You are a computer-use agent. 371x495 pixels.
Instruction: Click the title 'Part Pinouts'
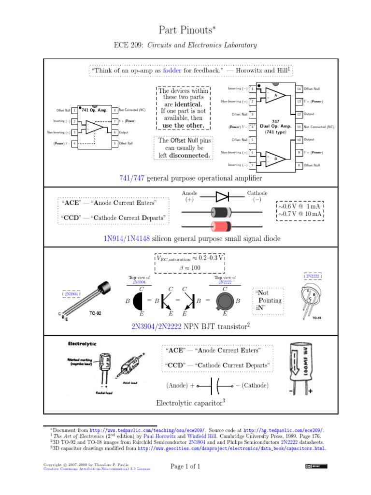tap(185, 29)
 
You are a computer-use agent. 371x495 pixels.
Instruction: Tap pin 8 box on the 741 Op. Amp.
tap(115, 110)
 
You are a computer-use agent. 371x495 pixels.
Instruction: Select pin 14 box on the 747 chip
tap(299, 89)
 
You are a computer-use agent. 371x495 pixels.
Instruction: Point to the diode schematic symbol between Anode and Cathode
tap(222, 196)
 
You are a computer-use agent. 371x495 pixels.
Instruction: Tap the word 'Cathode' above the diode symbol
tap(257, 193)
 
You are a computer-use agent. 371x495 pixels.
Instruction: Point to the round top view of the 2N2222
tap(225, 301)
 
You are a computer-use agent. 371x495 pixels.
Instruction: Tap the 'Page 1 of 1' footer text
tap(185, 466)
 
